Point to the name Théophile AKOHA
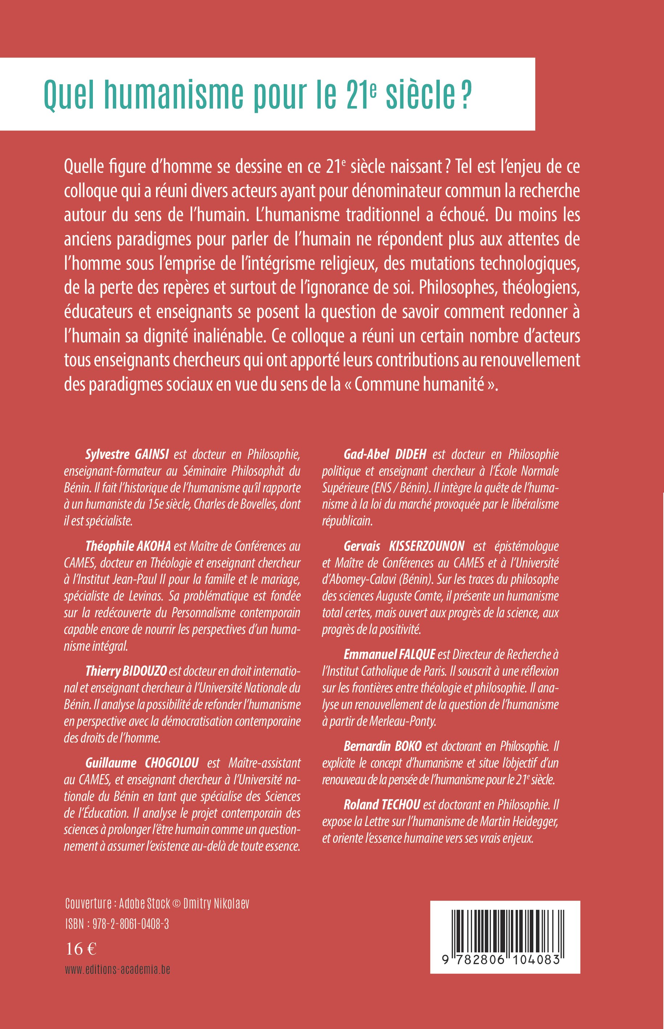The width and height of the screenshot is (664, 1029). [x=128, y=546]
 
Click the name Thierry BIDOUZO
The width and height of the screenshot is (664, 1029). [x=126, y=671]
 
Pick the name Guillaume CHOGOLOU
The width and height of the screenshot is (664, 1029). [x=142, y=763]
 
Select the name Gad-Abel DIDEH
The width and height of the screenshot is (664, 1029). [x=385, y=454]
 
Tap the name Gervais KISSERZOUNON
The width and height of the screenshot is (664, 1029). [x=403, y=546]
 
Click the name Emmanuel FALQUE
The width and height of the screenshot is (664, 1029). [x=389, y=655]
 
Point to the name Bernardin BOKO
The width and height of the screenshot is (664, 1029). [x=382, y=747]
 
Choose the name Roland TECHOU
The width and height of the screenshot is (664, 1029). [x=382, y=805]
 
